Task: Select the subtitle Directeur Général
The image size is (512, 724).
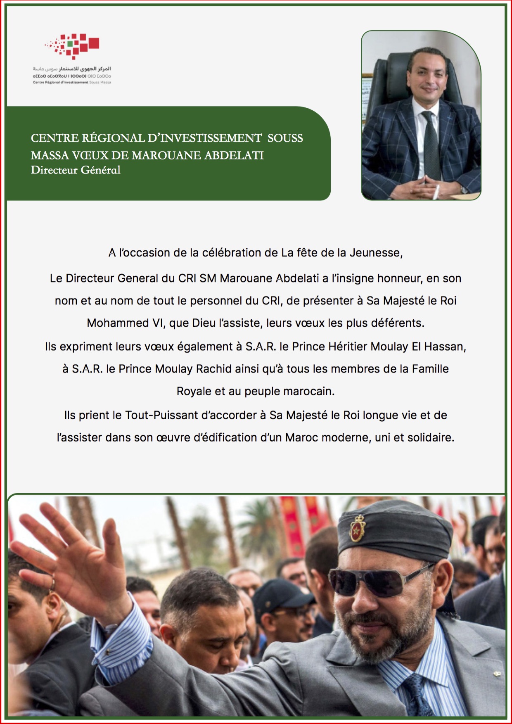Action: pos(76,170)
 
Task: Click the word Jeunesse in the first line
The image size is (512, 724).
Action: pos(376,253)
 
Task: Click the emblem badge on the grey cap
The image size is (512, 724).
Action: pos(357,529)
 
